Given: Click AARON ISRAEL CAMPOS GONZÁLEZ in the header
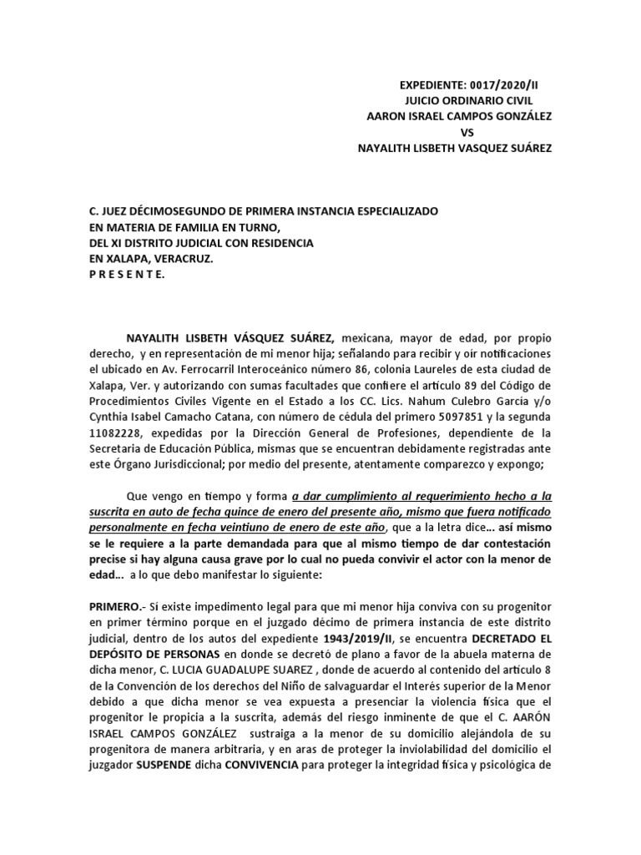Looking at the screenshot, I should (459, 116).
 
